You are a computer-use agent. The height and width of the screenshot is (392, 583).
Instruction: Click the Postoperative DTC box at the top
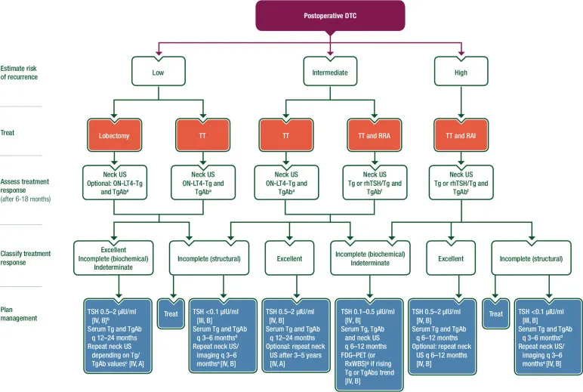click(331, 15)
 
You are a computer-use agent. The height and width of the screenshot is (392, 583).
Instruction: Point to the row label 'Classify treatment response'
click(28, 256)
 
